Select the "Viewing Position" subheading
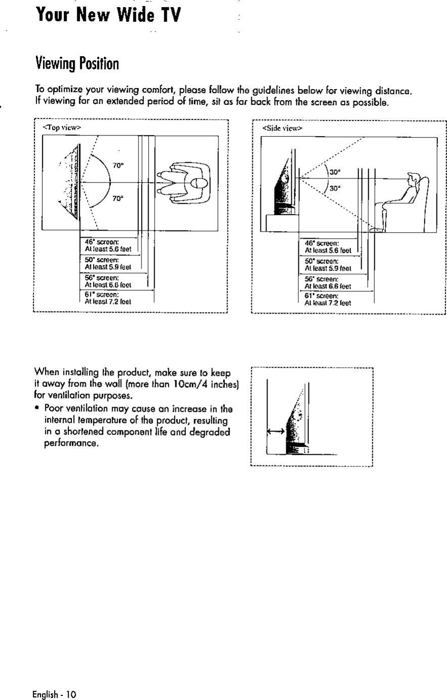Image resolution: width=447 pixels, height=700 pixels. pyautogui.click(x=77, y=64)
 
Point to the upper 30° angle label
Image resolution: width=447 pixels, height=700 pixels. pyautogui.click(x=334, y=172)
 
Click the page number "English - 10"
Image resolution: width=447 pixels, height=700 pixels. pyautogui.click(x=54, y=693)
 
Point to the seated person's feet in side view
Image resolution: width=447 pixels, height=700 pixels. pyautogui.click(x=376, y=230)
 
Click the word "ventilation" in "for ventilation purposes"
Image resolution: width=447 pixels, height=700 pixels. pyautogui.click(x=66, y=395)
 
